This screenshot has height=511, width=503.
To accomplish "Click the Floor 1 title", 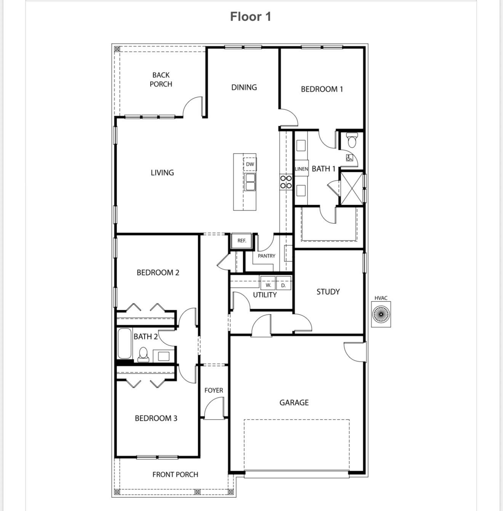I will (250, 17).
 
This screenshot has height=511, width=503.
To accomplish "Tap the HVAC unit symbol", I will (381, 314).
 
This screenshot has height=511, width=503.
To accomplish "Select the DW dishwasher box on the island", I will (250, 164).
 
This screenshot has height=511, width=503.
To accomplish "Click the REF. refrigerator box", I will (242, 241).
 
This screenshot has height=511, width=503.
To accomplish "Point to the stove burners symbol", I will (286, 182).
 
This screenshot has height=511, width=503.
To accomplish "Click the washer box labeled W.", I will (268, 285).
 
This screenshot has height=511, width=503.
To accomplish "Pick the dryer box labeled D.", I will (283, 285).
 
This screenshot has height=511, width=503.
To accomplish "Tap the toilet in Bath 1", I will (351, 140).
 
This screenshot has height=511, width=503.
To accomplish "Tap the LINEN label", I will (301, 169).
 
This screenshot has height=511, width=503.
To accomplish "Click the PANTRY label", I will (266, 256).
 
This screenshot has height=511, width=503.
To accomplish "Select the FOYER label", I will (214, 390).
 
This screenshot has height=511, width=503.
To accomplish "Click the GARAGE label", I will (294, 402).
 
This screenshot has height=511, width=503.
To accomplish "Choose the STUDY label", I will (328, 292).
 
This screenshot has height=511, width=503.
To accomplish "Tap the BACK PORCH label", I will (161, 80).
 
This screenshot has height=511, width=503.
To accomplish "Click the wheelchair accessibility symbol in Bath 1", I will (349, 158).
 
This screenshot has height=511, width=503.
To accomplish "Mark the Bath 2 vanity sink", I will (163, 356).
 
